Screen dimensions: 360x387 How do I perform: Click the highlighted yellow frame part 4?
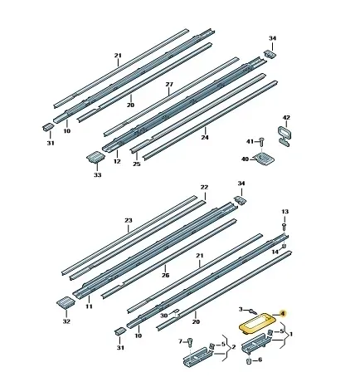[243, 329]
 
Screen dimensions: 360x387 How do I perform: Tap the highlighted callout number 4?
[282, 314]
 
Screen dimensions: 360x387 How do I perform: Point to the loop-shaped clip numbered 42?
[285, 136]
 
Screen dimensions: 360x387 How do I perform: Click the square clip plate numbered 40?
[265, 159]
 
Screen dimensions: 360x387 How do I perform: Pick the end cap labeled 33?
[95, 158]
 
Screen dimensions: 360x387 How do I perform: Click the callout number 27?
[169, 85]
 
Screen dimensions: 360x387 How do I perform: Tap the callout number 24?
[205, 137]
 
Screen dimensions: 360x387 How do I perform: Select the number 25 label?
[137, 164]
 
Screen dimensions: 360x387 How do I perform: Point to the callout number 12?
[117, 161]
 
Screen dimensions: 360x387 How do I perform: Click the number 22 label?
[204, 187]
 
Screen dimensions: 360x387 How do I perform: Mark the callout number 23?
[129, 220]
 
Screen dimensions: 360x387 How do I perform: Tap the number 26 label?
[165, 275]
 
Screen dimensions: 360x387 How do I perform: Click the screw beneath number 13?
[284, 226]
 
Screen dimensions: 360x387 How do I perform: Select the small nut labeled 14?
[284, 246]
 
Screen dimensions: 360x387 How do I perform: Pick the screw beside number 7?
[190, 342]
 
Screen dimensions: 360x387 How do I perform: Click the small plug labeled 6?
[248, 361]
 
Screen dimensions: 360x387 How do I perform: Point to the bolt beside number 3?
[252, 311]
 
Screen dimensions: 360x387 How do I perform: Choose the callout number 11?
[89, 306]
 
